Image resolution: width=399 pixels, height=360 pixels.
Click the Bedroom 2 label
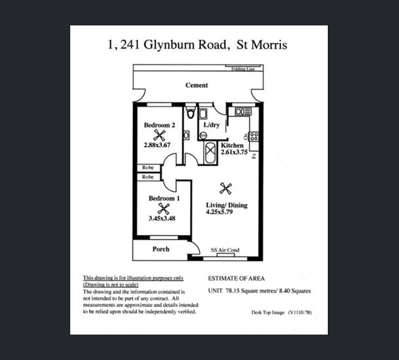pyautogui.click(x=159, y=125)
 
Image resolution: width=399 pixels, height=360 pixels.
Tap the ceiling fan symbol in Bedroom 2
pyautogui.click(x=159, y=135)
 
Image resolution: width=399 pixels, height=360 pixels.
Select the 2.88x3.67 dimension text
pyautogui.click(x=157, y=145)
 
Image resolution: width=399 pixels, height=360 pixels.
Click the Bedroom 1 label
pyautogui.click(x=164, y=198)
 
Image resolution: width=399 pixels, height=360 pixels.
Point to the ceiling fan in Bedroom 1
pyautogui.click(x=164, y=209)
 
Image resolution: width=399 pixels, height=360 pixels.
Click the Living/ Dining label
pyautogui.click(x=226, y=205)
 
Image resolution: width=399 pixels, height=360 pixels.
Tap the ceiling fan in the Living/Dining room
pyautogui.click(x=226, y=189)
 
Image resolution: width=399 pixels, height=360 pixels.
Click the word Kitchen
pyautogui.click(x=233, y=145)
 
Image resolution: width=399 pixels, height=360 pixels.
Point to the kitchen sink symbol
pyautogui.click(x=242, y=112)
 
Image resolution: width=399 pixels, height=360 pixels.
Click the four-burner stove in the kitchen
pyautogui.click(x=254, y=137)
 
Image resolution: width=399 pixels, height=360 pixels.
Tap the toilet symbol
pyautogui.click(x=191, y=113)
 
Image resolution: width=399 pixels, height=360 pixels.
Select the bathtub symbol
pyautogui.click(x=210, y=153)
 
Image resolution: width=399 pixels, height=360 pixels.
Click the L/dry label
pyautogui.click(x=212, y=124)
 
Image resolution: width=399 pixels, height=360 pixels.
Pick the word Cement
pyautogui.click(x=197, y=85)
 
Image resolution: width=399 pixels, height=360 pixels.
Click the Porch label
pyautogui.click(x=161, y=249)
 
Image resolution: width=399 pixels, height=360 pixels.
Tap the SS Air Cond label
pyautogui.click(x=225, y=250)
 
